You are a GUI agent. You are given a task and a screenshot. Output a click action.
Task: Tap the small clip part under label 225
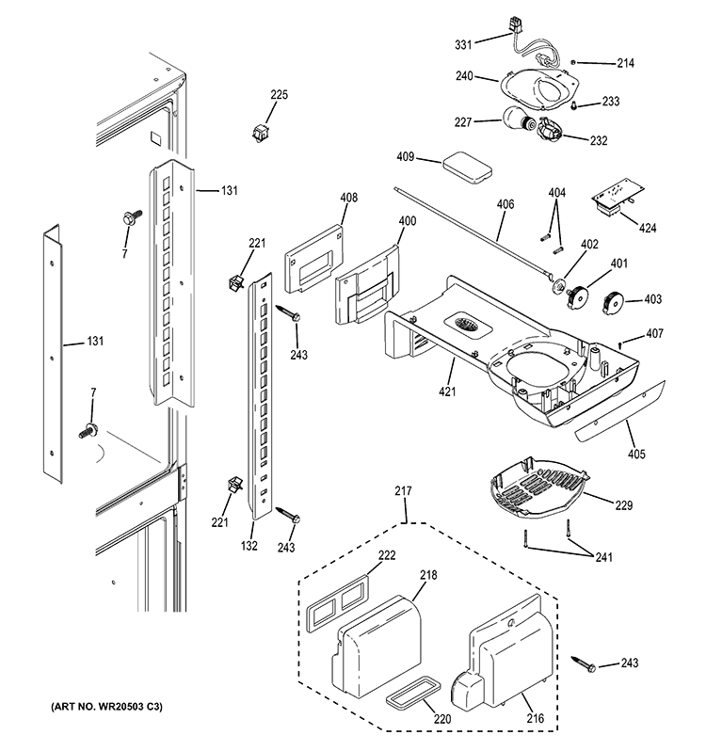pyautogui.click(x=258, y=131)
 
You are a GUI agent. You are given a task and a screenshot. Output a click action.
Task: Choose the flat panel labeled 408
pyautogui.click(x=315, y=252)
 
